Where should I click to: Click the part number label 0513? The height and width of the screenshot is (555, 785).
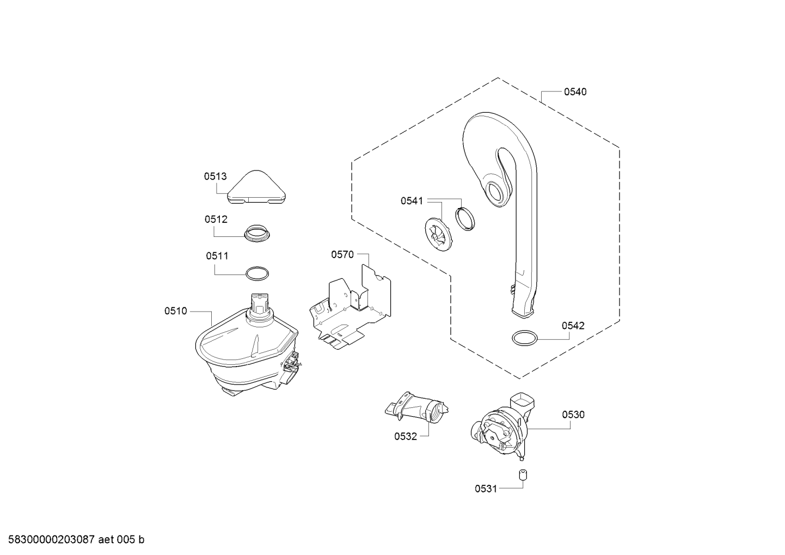coord(216,176)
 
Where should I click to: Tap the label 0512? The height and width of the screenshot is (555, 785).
coord(216,219)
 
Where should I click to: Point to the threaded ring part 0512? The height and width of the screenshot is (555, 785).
coord(256,234)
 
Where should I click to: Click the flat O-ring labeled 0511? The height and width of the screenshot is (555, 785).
coord(256,273)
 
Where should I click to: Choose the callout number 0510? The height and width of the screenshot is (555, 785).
coord(176,311)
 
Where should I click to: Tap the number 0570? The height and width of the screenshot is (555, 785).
coord(342,254)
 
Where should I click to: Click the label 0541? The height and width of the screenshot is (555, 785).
coord(412,201)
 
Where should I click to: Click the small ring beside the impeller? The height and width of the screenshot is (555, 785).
coord(464,219)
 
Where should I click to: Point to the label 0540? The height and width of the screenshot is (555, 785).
coord(575,92)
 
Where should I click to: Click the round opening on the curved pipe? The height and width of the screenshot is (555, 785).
coord(496,193)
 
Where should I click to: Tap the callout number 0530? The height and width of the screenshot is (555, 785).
coord(573,414)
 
